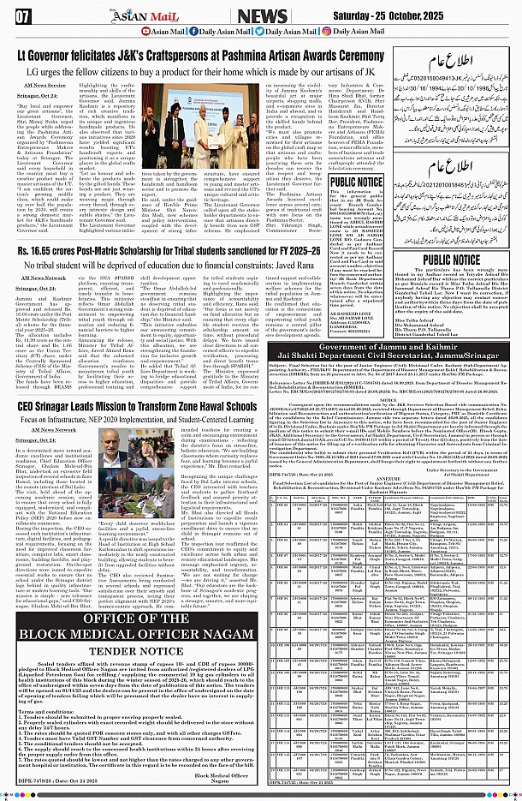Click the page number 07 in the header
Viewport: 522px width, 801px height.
[23, 15]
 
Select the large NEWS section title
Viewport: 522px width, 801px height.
[285, 15]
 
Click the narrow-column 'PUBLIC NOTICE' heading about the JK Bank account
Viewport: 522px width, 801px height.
[356, 182]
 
